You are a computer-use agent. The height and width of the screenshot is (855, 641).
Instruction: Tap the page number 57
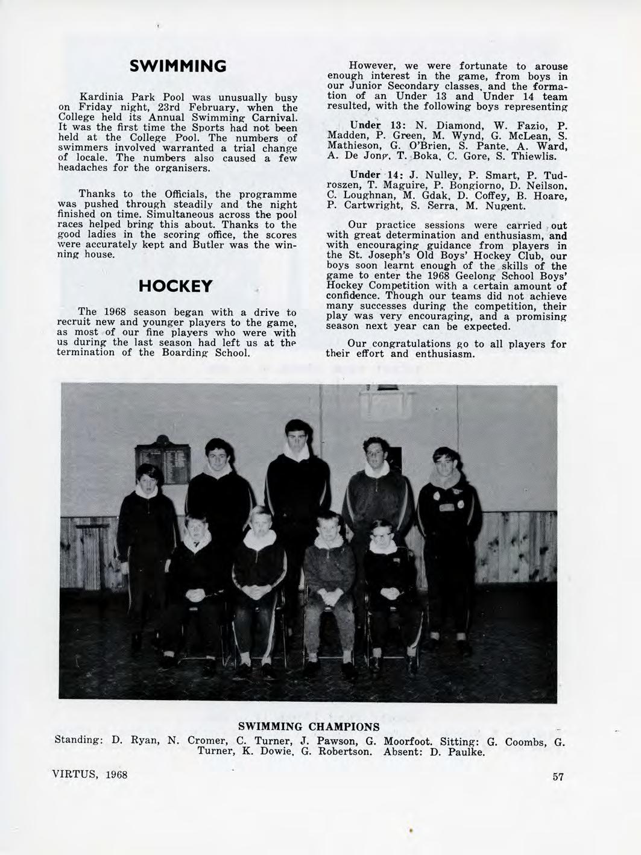click(557, 777)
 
